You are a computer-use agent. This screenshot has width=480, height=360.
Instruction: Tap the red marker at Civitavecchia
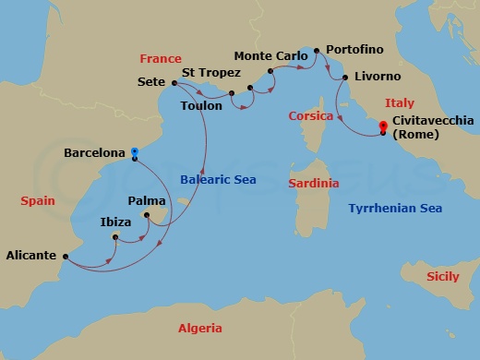click(x=384, y=132)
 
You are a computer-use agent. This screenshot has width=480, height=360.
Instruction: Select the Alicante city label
click(x=30, y=256)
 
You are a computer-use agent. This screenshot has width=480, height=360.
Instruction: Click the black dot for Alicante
click(x=66, y=257)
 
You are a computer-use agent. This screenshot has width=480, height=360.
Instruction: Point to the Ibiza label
click(x=116, y=222)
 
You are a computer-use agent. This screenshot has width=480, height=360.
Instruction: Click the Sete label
click(x=150, y=81)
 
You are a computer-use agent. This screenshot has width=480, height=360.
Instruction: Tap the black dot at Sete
click(x=174, y=82)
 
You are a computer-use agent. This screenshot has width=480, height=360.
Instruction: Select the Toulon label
click(x=202, y=106)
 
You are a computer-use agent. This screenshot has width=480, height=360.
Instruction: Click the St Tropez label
click(x=211, y=72)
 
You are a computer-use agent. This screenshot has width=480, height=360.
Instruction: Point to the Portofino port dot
click(x=317, y=50)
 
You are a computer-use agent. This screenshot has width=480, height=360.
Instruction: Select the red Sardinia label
click(x=314, y=184)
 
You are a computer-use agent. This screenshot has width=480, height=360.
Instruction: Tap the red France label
click(x=161, y=58)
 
